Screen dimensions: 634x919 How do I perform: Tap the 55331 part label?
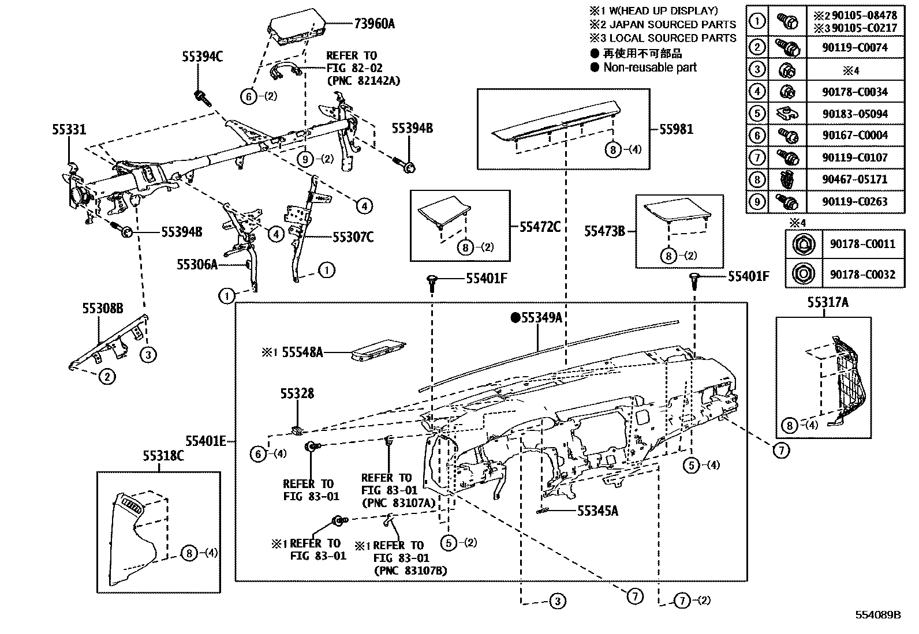tap(69, 130)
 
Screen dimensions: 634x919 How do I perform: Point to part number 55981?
tap(676, 129)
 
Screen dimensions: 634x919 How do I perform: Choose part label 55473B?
tap(604, 231)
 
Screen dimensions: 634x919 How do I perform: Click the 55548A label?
tap(302, 352)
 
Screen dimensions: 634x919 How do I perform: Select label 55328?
tap(297, 393)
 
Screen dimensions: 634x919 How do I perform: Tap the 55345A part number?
tap(597, 510)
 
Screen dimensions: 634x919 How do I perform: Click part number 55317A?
tap(827, 302)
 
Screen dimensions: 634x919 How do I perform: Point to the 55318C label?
tap(163, 456)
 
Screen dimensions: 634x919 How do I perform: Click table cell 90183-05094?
tap(855, 114)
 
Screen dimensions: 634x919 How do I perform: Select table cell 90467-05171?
tap(855, 179)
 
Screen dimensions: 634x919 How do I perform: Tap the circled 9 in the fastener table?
tap(756, 202)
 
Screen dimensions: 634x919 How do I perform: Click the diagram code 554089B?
tap(877, 615)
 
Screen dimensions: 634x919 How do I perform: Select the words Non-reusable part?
tap(650, 67)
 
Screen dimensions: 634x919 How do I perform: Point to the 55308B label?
tap(102, 309)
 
